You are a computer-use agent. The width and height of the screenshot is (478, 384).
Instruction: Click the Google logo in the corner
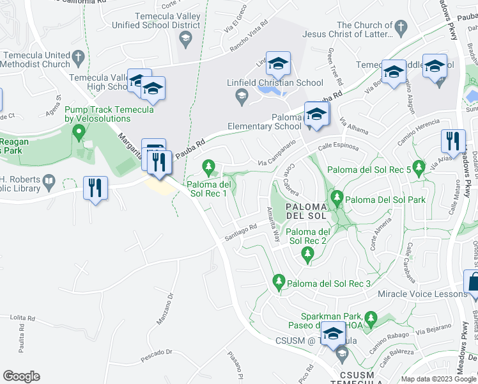[21, 376]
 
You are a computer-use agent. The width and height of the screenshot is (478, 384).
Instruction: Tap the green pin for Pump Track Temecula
[79, 133]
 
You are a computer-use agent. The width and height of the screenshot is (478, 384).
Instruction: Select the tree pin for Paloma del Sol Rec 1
[208, 168]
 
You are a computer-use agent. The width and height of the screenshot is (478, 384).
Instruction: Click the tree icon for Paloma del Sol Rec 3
[279, 280]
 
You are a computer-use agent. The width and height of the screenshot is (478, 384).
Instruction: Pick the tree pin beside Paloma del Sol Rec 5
[419, 168]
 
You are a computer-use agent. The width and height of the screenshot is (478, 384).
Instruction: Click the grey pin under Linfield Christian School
[241, 97]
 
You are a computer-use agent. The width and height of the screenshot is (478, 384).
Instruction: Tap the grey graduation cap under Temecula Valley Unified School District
[185, 40]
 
